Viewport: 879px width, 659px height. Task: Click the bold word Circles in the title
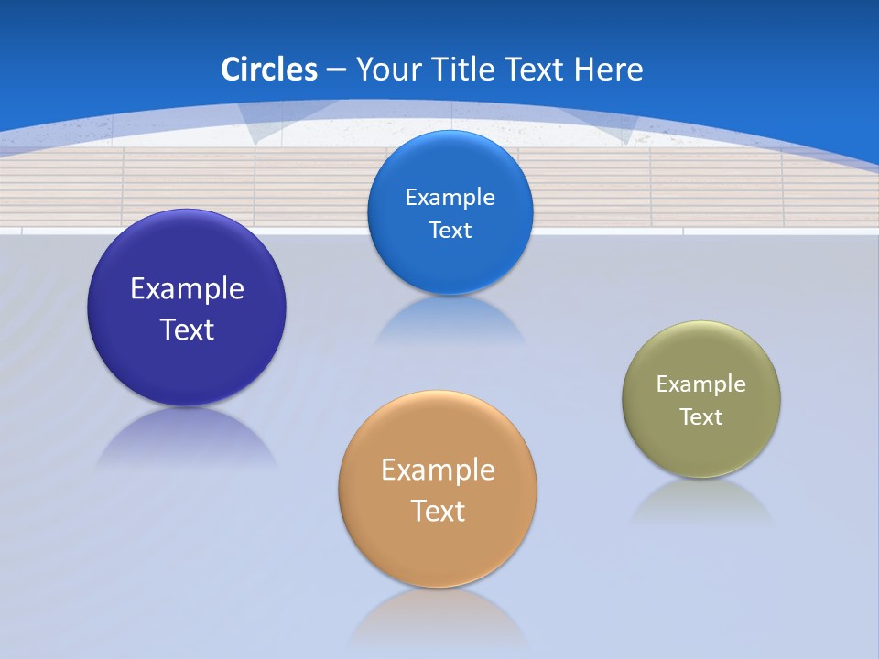pyautogui.click(x=269, y=70)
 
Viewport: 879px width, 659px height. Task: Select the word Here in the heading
pyautogui.click(x=608, y=70)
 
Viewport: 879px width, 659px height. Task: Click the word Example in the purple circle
pyautogui.click(x=187, y=289)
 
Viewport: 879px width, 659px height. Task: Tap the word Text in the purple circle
pyautogui.click(x=187, y=329)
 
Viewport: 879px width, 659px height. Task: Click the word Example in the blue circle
pyautogui.click(x=450, y=198)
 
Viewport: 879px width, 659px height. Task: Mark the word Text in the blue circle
pyautogui.click(x=450, y=231)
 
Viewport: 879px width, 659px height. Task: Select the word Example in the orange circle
pyautogui.click(x=438, y=470)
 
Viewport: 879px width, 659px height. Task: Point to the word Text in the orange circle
pyautogui.click(x=438, y=511)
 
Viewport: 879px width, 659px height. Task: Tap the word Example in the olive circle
pyautogui.click(x=701, y=384)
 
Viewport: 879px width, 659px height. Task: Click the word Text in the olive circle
pyautogui.click(x=701, y=417)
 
